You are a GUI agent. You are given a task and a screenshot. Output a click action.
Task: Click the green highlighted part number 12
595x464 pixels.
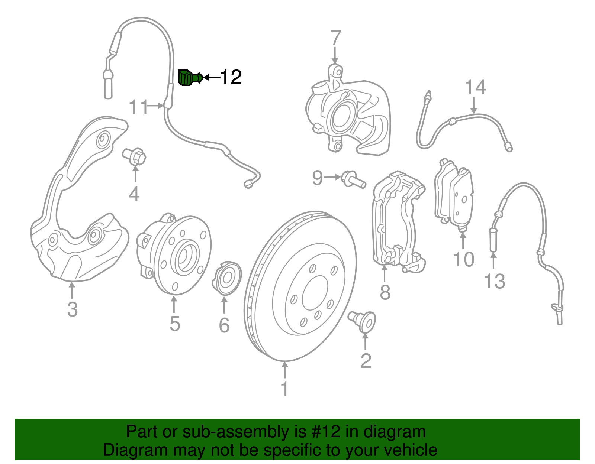pyautogui.click(x=190, y=77)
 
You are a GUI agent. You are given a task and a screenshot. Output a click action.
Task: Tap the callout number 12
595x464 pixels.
pyautogui.click(x=231, y=77)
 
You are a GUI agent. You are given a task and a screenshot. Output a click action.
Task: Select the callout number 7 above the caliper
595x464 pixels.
pyautogui.click(x=335, y=38)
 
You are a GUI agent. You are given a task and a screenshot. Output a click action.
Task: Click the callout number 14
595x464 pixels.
pyautogui.click(x=475, y=87)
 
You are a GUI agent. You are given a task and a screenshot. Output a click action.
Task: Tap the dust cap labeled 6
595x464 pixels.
pyautogui.click(x=226, y=279)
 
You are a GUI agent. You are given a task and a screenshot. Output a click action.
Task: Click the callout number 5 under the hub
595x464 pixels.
pyautogui.click(x=175, y=324)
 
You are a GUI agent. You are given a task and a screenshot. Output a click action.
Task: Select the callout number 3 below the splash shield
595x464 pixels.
pyautogui.click(x=73, y=309)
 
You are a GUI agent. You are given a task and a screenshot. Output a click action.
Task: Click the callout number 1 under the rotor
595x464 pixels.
pyautogui.click(x=284, y=389)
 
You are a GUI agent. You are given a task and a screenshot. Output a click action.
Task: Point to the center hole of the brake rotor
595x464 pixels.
pyautogui.click(x=315, y=293)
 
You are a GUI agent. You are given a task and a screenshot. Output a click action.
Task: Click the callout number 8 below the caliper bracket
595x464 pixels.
pyautogui.click(x=385, y=292)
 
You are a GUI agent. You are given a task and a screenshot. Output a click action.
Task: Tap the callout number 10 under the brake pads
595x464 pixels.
pyautogui.click(x=463, y=259)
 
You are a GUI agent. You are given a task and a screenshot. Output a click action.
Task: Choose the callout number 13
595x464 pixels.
pyautogui.click(x=495, y=281)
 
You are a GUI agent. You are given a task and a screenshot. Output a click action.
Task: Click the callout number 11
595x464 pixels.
pyautogui.click(x=138, y=108)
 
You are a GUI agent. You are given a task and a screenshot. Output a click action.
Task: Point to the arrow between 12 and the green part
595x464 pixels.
pyautogui.click(x=212, y=77)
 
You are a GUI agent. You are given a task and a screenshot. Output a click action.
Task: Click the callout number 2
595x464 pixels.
pyautogui.click(x=366, y=361)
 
